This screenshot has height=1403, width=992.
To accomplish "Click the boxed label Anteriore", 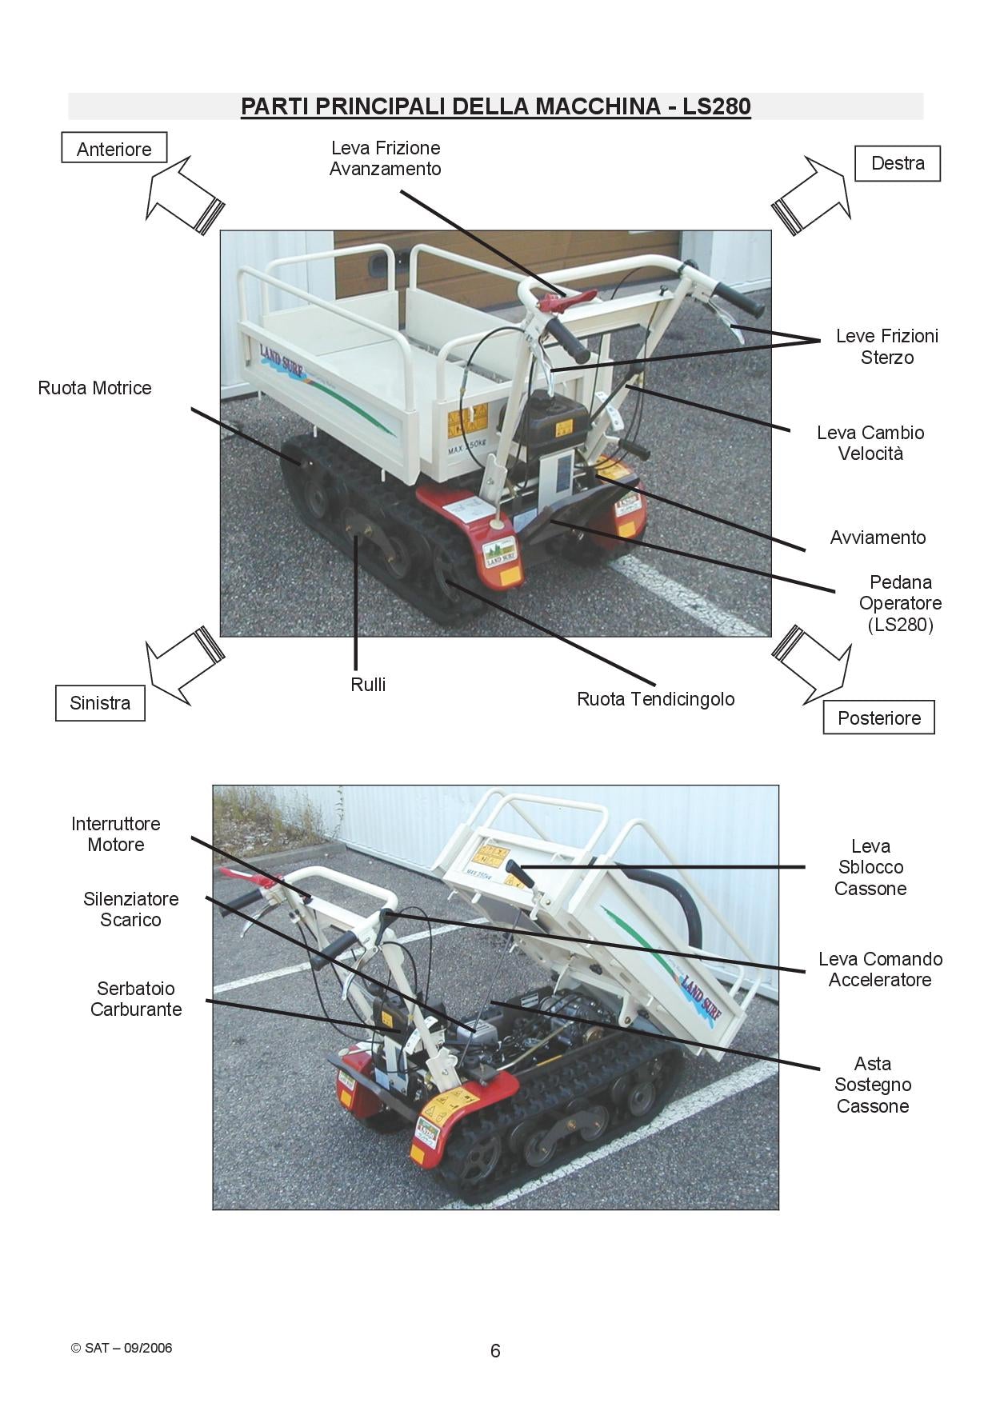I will (x=114, y=149).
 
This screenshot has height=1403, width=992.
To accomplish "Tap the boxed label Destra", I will (x=898, y=163).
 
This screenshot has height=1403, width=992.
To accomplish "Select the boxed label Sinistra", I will (x=100, y=703).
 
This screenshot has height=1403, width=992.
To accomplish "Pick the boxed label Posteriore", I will (x=878, y=717).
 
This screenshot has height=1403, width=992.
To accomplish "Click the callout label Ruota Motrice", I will (x=94, y=388).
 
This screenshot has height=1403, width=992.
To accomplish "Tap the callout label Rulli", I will (x=368, y=685).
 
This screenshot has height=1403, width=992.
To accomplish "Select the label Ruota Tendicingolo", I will (x=655, y=699).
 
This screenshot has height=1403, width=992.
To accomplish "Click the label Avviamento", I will (x=878, y=538).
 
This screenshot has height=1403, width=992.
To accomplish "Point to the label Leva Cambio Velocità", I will (x=870, y=443).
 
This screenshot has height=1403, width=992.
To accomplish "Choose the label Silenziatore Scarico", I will (x=130, y=909).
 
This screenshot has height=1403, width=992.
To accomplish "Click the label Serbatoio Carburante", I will (x=136, y=999).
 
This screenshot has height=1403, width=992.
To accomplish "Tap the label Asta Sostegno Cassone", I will (x=872, y=1085).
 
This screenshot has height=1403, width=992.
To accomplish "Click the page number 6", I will (x=495, y=1351).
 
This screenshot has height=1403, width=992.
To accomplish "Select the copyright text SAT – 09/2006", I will (x=122, y=1348).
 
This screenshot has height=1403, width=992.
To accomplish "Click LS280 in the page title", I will (x=716, y=106).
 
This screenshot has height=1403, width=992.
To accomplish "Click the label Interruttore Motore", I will (x=116, y=834).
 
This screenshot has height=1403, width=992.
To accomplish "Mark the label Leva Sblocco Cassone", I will (x=870, y=867).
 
